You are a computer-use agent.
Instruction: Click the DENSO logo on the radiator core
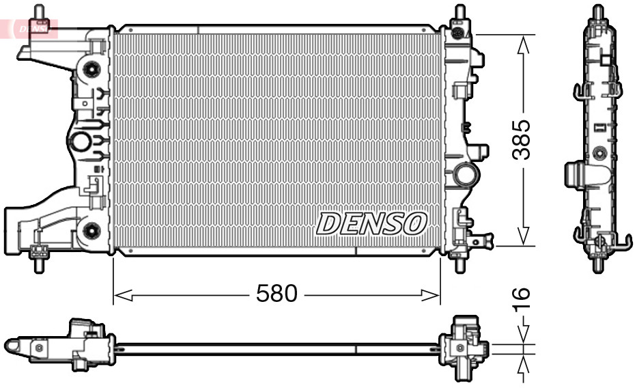click(371, 223)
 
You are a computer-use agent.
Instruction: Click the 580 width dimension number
click(277, 294)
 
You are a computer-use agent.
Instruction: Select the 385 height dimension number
click(522, 139)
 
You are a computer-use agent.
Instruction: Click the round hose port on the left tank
click(80, 142)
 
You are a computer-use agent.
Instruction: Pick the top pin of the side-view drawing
click(598, 13)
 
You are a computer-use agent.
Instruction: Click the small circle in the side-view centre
click(599, 152)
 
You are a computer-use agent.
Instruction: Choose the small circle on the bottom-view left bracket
click(39, 348)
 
